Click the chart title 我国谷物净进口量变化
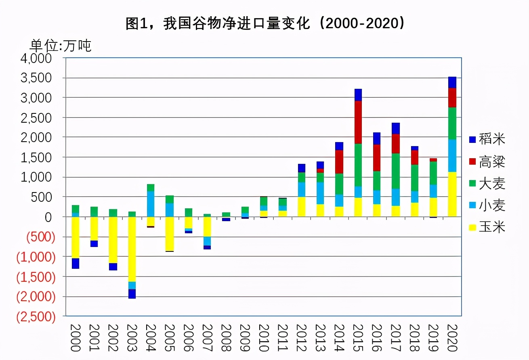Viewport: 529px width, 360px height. (x=265, y=24)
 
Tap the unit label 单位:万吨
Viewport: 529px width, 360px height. (x=61, y=45)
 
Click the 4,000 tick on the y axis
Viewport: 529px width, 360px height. (x=36, y=58)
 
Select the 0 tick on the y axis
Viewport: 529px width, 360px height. (x=49, y=217)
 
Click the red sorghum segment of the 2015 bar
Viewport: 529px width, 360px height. (x=358, y=122)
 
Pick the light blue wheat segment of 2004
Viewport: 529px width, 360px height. (x=151, y=204)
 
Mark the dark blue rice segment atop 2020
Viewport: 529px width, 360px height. (x=452, y=82)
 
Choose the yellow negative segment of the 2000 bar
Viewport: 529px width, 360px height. (x=76, y=237)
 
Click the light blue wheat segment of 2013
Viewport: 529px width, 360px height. (x=320, y=193)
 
